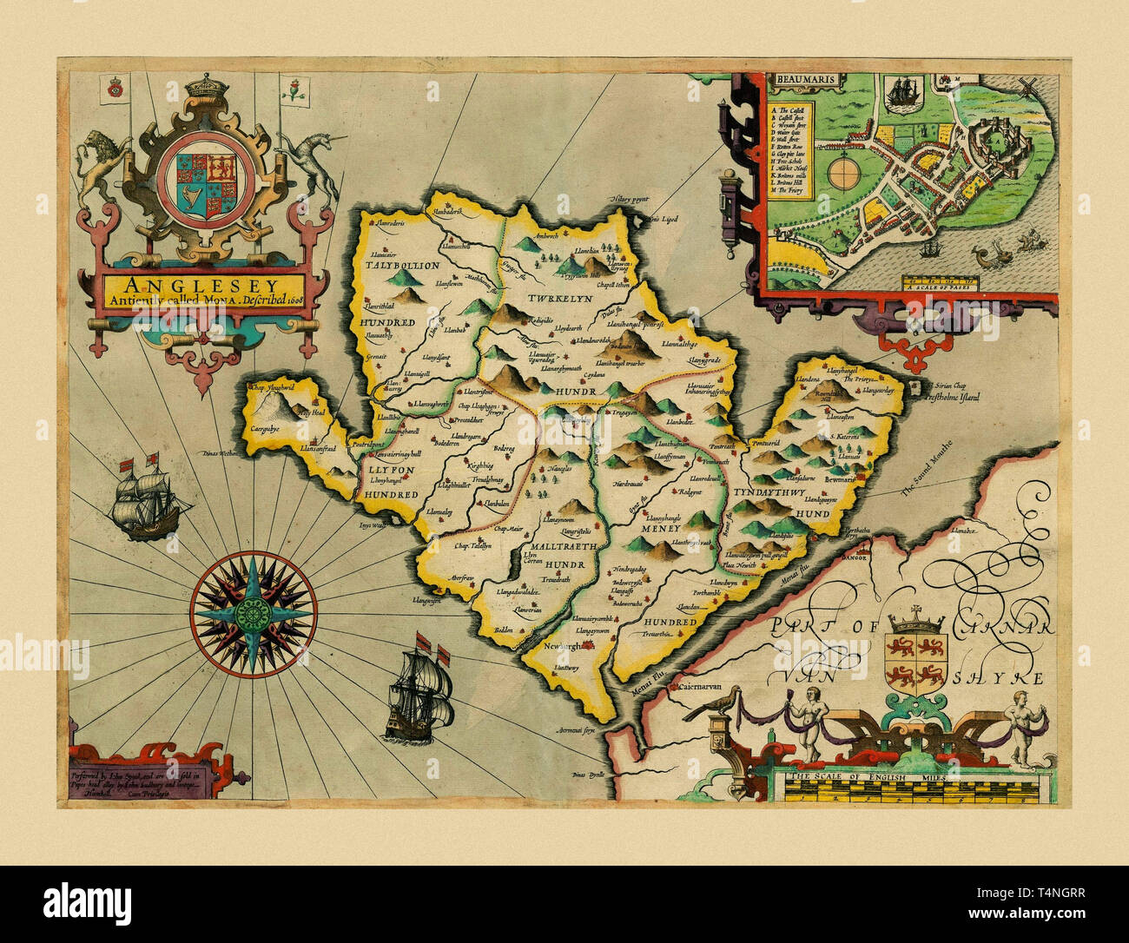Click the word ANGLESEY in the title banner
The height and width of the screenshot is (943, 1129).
201,284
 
